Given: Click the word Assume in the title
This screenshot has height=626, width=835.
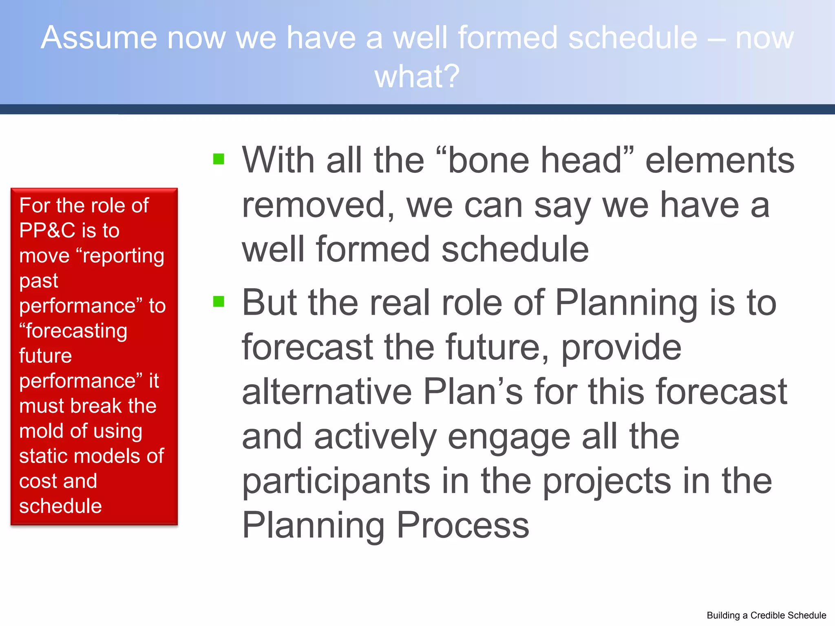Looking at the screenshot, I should [99, 37].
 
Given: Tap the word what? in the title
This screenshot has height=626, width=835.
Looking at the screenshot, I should [417, 76].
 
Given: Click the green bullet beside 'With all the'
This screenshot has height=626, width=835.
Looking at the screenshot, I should [219, 159].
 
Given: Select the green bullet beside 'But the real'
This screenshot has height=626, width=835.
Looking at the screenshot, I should [219, 301].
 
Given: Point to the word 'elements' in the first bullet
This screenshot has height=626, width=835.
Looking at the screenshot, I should [720, 160].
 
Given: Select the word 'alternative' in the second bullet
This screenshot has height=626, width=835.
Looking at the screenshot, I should [327, 392].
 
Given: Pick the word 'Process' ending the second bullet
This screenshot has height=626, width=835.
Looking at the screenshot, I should [463, 525].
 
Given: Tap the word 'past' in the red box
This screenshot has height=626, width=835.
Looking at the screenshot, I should [39, 281].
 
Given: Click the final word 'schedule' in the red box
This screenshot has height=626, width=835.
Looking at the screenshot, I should [60, 506].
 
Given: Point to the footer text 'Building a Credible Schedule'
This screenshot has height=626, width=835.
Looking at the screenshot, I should [766, 615].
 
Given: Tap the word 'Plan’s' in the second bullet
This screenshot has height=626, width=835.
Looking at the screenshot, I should [473, 392].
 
